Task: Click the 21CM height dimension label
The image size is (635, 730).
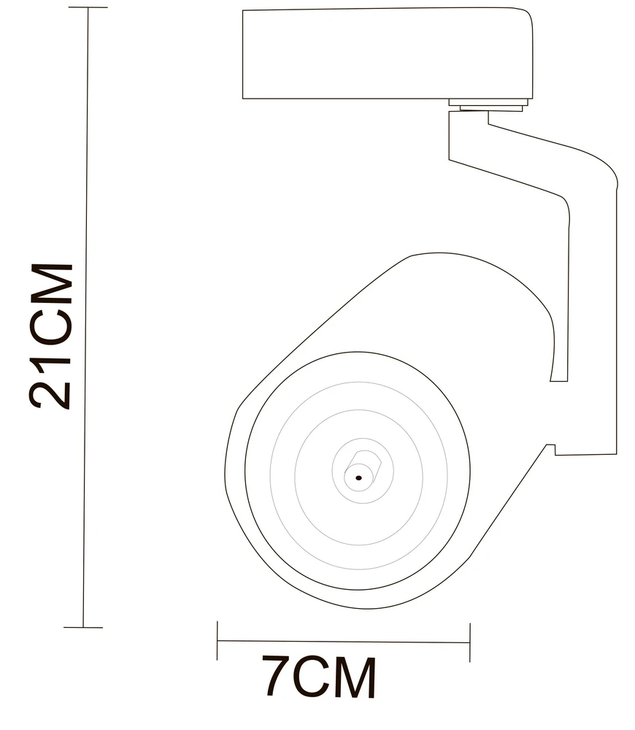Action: [x=51, y=336]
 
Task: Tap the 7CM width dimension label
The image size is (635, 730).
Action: [x=319, y=676]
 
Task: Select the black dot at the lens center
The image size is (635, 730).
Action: [x=358, y=477]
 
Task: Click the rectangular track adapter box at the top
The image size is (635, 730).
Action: [x=388, y=53]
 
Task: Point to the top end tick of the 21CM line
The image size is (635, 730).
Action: [x=88, y=8]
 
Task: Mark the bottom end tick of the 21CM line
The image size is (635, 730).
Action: [x=83, y=627]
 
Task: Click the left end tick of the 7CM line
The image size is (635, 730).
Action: [x=218, y=641]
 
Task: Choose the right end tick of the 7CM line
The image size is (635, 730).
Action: [x=470, y=642]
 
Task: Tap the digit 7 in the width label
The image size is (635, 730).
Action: [x=277, y=675]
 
